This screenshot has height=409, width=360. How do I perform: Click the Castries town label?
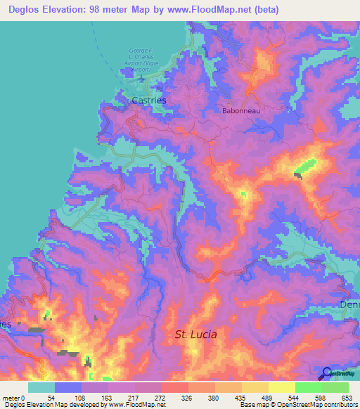tap(150, 100)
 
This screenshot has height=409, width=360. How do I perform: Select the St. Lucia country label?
tap(195, 335)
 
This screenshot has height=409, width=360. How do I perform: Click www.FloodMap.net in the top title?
tap(216, 10)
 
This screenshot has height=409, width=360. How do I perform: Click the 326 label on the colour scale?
tap(187, 397)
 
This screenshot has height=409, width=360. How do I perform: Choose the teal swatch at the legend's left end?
tap(41, 387)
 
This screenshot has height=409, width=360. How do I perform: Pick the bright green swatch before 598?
tap(309, 387)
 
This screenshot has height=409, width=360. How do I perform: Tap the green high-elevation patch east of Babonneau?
tap(305, 167)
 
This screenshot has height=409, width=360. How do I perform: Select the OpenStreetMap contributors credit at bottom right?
tap(323, 405)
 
